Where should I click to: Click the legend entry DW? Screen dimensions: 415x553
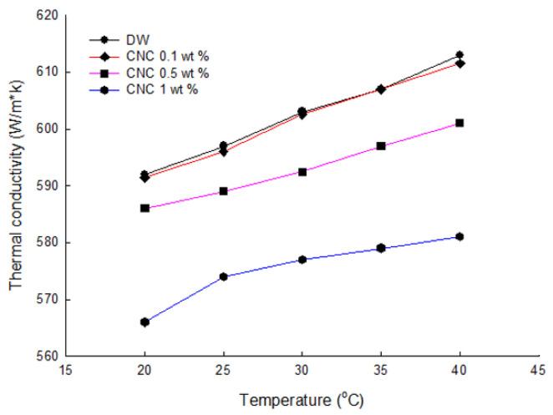point(134,39)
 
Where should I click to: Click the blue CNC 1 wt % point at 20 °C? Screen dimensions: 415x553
point(145,321)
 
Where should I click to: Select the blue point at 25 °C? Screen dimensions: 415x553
point(223,276)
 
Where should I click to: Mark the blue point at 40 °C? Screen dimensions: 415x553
point(459,237)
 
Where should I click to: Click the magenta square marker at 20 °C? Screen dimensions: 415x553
point(145,208)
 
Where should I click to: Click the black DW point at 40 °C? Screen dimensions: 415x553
point(459,55)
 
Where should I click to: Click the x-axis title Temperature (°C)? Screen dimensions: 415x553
point(302,400)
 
